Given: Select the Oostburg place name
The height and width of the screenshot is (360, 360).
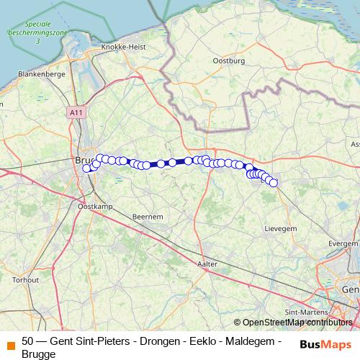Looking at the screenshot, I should (230, 61).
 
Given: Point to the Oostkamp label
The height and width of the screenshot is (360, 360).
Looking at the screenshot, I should (91, 207).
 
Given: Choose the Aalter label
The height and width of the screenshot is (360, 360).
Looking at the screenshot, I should (207, 264).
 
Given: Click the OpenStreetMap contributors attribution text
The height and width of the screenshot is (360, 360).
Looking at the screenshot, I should (297, 323).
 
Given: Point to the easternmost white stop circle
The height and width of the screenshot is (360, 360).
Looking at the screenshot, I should (273, 183).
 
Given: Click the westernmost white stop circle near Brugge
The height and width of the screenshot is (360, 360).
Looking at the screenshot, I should (86, 168).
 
